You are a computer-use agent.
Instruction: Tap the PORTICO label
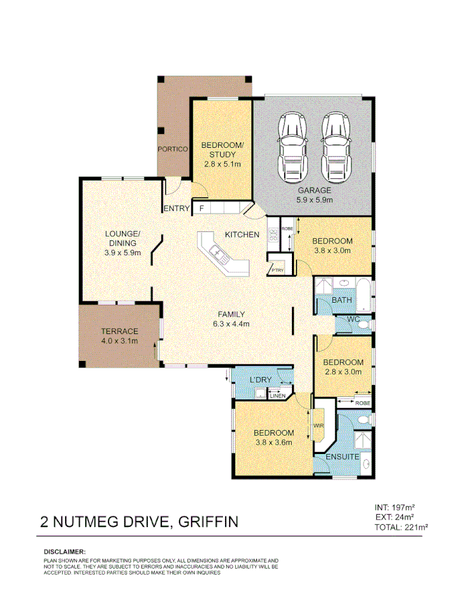(x=171, y=149)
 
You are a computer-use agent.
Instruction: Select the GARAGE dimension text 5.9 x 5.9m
(x=314, y=200)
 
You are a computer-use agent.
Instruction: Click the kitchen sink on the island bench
(x=219, y=252)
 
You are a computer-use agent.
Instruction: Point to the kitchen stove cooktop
(x=273, y=235)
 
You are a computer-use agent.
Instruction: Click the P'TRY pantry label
(x=276, y=270)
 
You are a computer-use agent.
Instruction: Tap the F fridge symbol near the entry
(x=201, y=209)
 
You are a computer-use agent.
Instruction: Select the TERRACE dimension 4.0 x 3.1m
(x=119, y=341)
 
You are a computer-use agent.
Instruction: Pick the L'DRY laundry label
(x=260, y=380)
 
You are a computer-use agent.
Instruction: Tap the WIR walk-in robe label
(x=318, y=425)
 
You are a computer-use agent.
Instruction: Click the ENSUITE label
(x=343, y=457)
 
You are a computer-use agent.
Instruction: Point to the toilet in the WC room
(x=362, y=324)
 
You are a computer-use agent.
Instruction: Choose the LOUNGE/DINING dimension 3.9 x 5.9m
(x=123, y=253)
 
